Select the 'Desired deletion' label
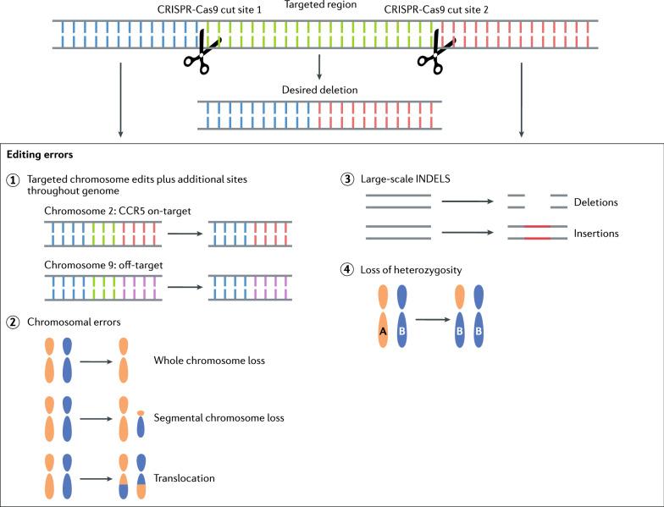[319, 90]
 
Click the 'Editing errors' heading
[39, 155]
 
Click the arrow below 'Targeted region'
[319, 66]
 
